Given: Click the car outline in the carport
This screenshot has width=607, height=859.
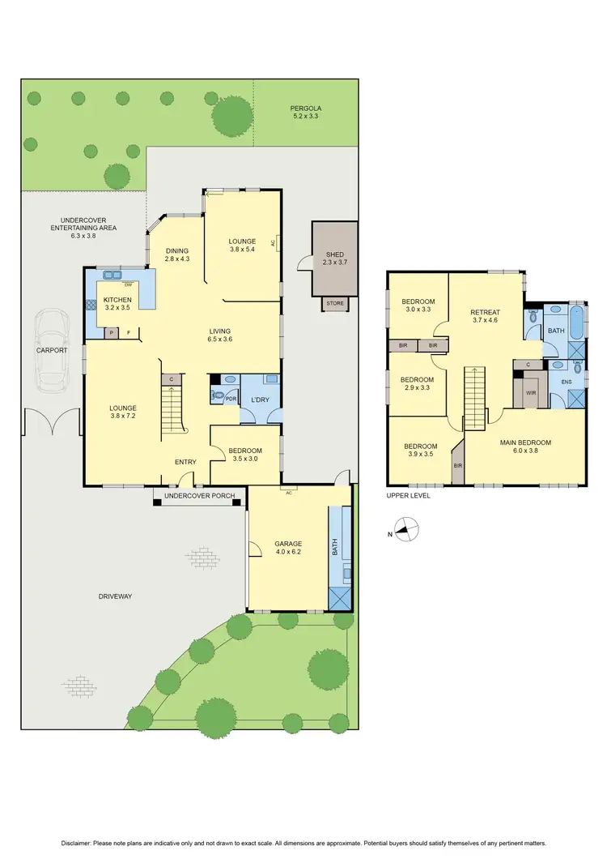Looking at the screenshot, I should [52, 350].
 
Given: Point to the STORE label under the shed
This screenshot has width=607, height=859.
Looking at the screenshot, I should [334, 304].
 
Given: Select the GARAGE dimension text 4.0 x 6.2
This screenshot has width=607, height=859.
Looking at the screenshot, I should [287, 553].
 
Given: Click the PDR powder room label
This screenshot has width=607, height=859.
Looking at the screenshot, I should [231, 399].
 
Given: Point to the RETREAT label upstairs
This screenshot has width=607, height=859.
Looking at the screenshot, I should [486, 312].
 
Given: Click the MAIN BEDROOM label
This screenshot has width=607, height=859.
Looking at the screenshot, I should [525, 442].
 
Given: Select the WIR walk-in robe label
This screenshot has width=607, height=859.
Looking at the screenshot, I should [532, 393].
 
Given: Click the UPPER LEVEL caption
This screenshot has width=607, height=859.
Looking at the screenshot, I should [409, 496].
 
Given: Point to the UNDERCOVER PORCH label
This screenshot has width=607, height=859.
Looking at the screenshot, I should [197, 496].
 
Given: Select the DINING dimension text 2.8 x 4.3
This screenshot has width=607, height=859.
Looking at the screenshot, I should [177, 259].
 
